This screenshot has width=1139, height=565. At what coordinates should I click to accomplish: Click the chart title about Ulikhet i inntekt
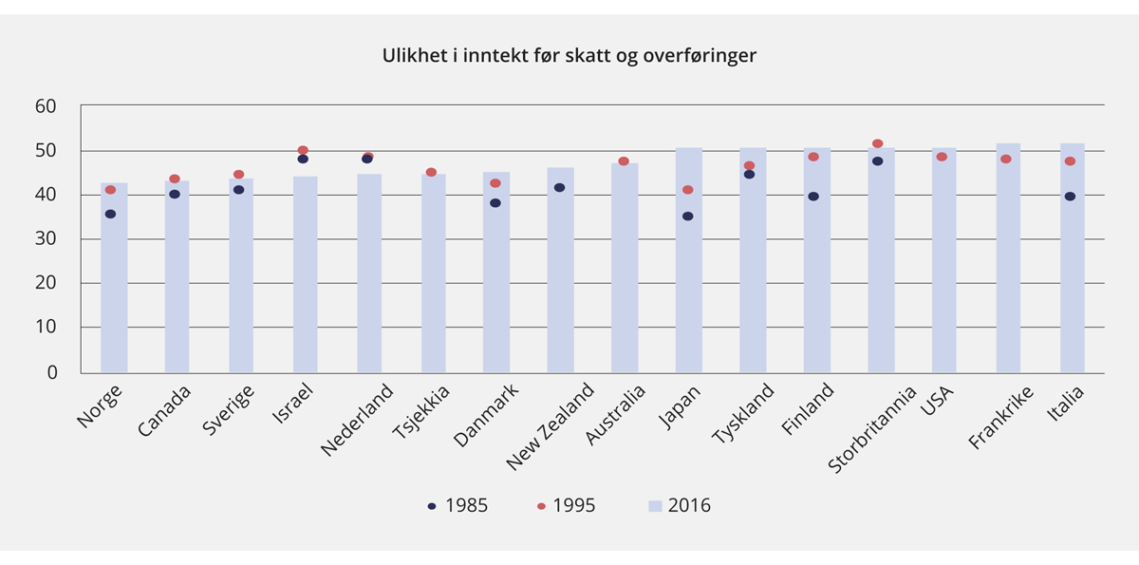tap(569, 56)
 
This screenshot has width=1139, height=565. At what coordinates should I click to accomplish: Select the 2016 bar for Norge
tap(114, 285)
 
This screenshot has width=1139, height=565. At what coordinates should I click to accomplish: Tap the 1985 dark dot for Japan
tap(687, 217)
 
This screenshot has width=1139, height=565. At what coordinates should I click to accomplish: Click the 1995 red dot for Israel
tap(303, 150)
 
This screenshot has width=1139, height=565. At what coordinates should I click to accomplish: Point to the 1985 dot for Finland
tap(813, 197)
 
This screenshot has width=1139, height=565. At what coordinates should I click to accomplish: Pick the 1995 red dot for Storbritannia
tap(877, 143)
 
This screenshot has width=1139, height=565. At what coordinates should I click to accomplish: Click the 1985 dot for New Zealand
tap(559, 188)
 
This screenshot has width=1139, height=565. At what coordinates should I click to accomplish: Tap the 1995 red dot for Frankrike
tap(1006, 159)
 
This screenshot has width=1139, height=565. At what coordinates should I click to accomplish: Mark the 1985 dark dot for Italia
tap(1070, 197)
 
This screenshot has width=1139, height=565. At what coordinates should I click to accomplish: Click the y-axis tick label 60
tap(46, 106)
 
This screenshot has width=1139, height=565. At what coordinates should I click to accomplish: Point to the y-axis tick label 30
tap(46, 239)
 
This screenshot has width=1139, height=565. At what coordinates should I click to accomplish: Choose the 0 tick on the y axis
tap(52, 372)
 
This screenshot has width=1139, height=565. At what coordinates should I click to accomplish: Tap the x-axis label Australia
tap(616, 416)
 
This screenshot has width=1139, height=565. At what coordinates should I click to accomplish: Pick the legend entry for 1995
tap(566, 506)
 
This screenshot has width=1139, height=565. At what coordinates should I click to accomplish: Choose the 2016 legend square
tap(655, 506)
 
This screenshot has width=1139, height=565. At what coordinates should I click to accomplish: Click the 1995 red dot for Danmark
tap(495, 183)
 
